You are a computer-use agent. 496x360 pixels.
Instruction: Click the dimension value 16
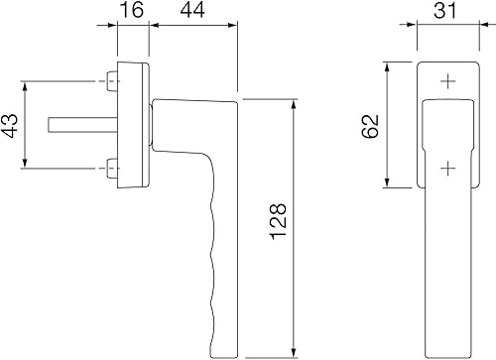pyautogui.click(x=131, y=10)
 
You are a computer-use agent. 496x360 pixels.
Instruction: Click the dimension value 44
pyautogui.click(x=192, y=10)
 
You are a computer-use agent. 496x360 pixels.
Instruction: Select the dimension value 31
pyautogui.click(x=445, y=10)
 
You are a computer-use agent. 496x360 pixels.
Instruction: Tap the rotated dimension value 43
pyautogui.click(x=10, y=125)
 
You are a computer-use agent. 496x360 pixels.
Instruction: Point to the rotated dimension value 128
pyautogui.click(x=279, y=221)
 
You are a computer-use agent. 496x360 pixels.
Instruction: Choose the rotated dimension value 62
pyautogui.click(x=370, y=126)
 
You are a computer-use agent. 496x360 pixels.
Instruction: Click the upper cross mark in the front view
pyautogui.click(x=448, y=81)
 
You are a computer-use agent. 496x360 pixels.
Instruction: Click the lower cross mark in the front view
pyautogui.click(x=448, y=169)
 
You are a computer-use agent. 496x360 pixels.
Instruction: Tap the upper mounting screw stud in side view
pyautogui.click(x=112, y=81)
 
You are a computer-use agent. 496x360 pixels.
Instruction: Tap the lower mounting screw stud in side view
pyautogui.click(x=112, y=169)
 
